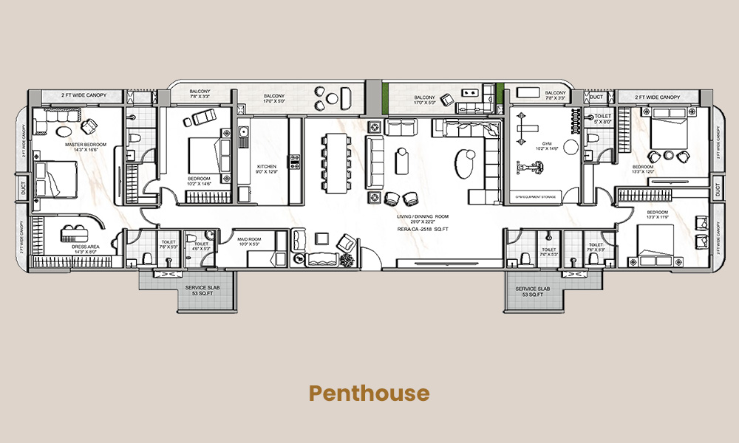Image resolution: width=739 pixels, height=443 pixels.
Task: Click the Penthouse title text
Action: [x=369, y=393]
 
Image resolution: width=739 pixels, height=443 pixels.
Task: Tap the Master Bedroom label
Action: [x=86, y=147]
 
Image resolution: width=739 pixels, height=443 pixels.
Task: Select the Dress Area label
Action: [x=81, y=249]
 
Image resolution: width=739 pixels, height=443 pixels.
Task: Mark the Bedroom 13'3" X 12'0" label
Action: [x=642, y=169]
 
